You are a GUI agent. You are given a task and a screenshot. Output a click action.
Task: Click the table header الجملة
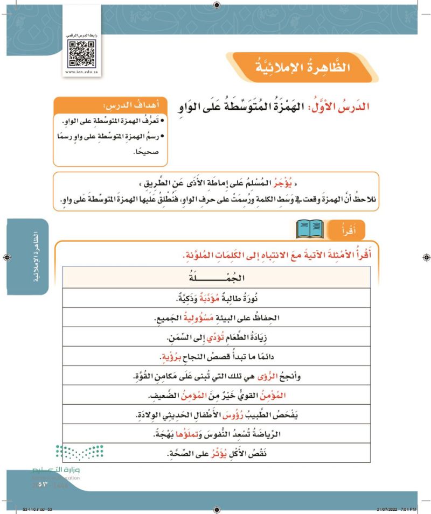(217, 278)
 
